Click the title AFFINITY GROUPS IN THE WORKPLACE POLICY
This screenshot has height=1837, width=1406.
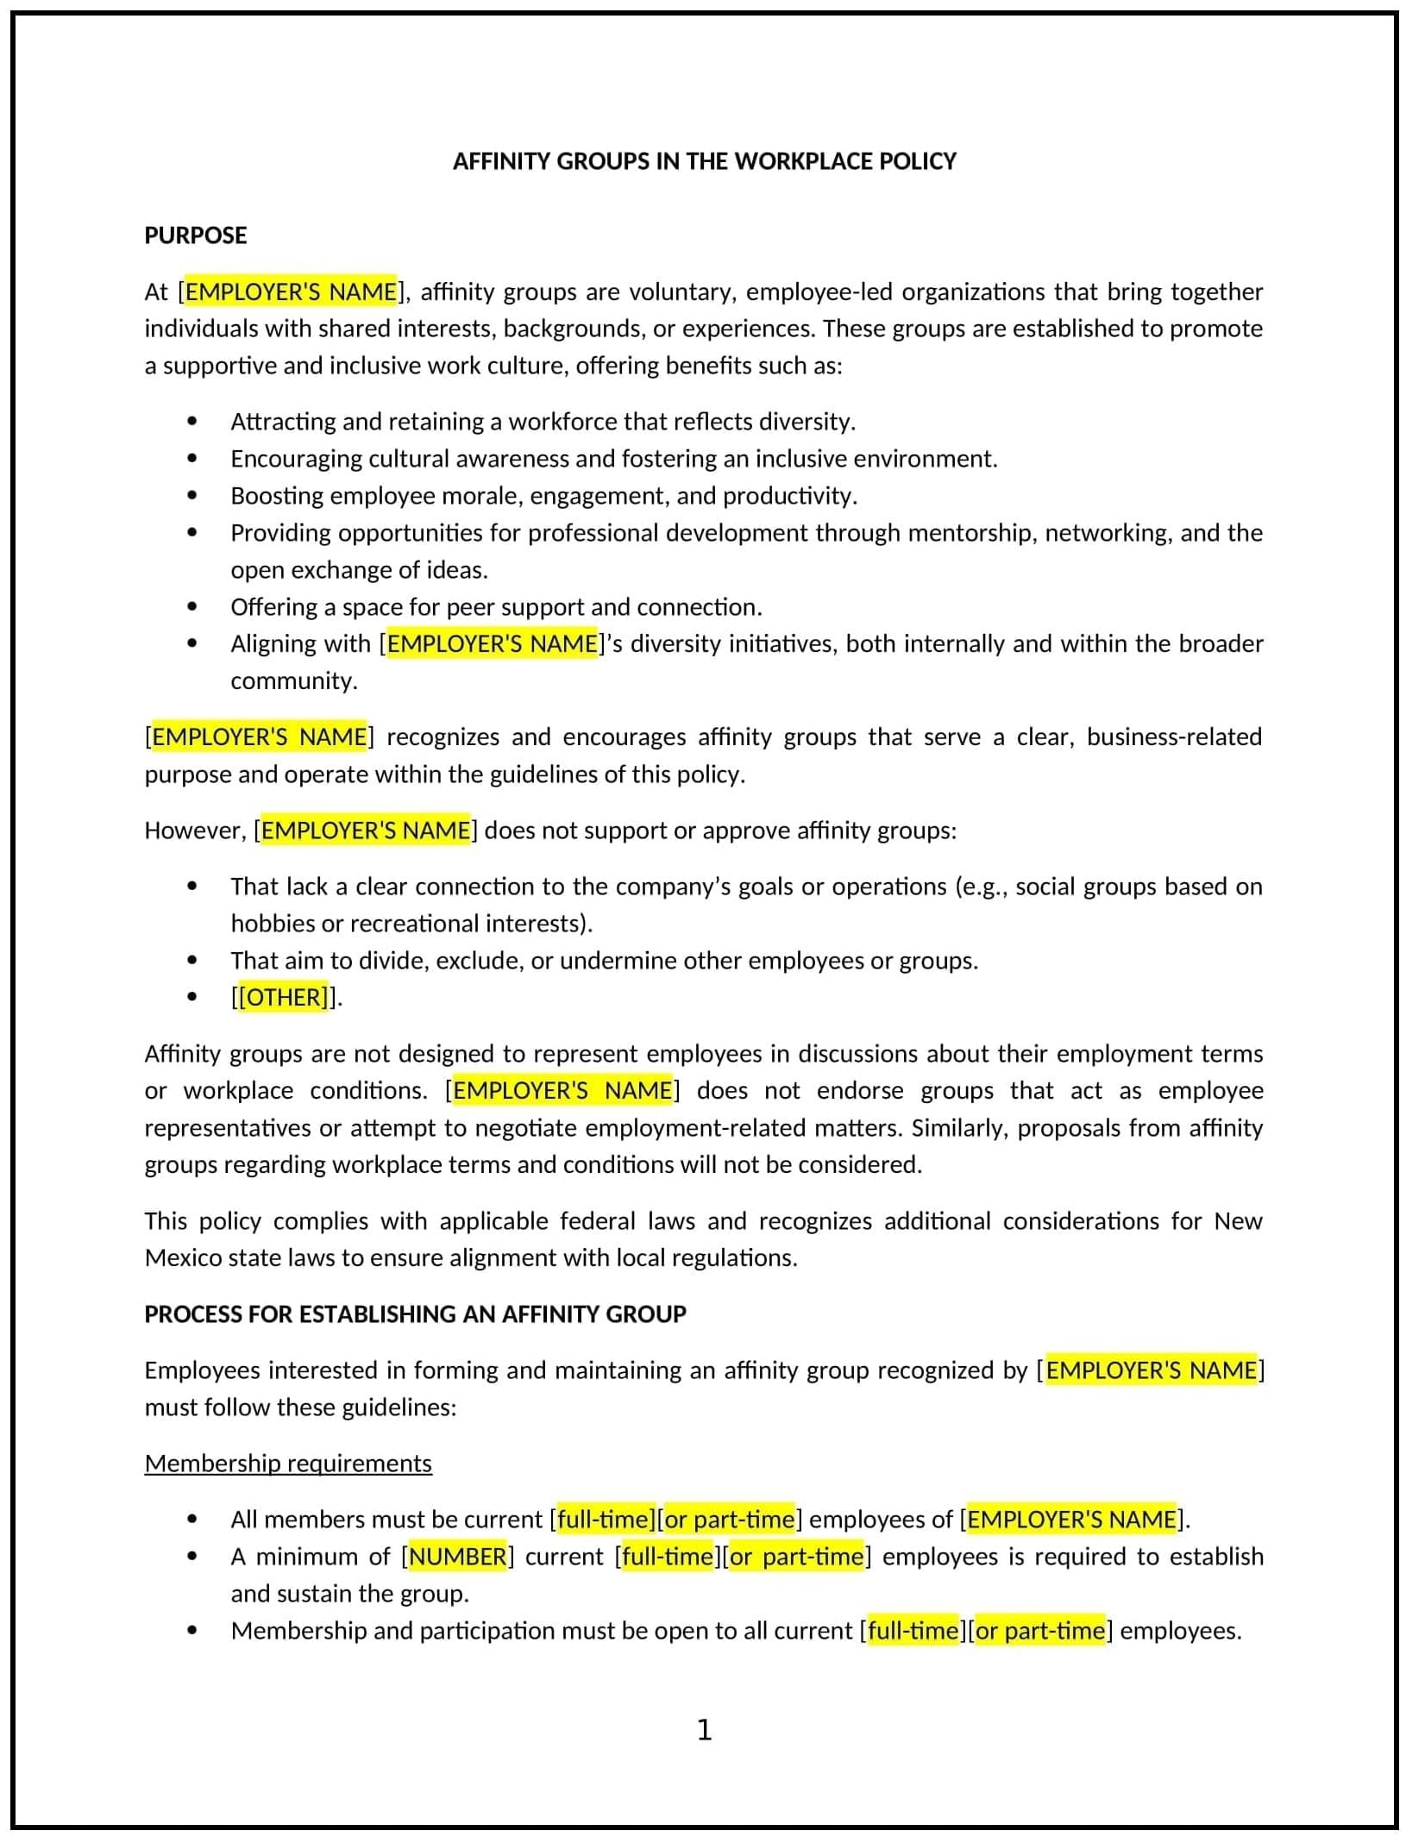click(x=704, y=161)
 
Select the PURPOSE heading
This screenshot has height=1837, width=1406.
click(x=195, y=235)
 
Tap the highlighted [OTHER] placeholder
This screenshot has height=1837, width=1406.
click(x=283, y=997)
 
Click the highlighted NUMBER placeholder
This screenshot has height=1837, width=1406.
click(x=457, y=1557)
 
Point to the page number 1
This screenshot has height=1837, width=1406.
click(x=704, y=1729)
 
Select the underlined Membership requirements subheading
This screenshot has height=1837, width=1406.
click(x=288, y=1464)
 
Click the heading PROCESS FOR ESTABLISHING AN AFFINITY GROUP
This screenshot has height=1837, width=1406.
click(x=415, y=1314)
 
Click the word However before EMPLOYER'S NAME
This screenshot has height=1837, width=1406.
click(x=195, y=831)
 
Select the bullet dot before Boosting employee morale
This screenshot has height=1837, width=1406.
click(x=191, y=496)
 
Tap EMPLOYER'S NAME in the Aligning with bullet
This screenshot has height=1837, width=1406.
click(x=492, y=644)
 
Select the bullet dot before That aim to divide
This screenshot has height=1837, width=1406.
click(x=191, y=961)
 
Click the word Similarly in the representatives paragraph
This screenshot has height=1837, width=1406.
click(x=958, y=1128)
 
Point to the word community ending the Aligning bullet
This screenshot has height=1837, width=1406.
click(x=293, y=681)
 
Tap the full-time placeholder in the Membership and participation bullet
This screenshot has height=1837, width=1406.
click(x=913, y=1631)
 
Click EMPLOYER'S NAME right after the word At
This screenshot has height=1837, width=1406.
click(x=291, y=292)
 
